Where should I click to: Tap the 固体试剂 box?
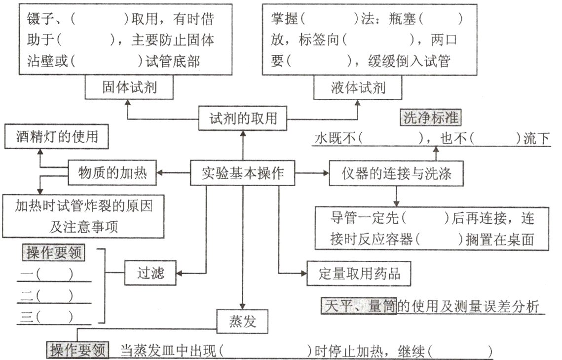coord(130,87)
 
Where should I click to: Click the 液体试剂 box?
coord(358,87)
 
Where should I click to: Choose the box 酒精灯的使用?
coord(56,136)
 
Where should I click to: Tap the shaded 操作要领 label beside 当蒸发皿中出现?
coord(77,350)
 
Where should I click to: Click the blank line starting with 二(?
coord(54,296)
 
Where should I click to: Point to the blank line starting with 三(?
coord(54,316)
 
